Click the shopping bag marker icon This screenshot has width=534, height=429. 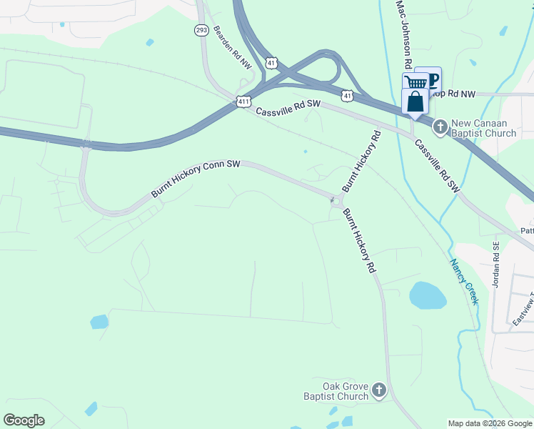[x=415, y=102]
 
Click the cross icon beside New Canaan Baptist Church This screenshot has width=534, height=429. [x=440, y=127]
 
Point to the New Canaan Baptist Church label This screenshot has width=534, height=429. [x=483, y=128]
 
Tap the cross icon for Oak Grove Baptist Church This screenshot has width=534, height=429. [x=379, y=390]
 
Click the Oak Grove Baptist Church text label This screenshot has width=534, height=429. [x=336, y=390]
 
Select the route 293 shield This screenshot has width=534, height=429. [x=201, y=30]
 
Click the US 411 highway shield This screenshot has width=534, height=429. [x=244, y=102]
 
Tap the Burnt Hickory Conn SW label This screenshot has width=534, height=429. [x=195, y=179]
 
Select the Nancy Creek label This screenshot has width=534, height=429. [x=463, y=282]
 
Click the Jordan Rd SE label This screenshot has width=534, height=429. [x=496, y=264]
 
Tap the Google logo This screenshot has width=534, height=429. [x=24, y=420]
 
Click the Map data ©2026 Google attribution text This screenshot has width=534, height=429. [x=490, y=423]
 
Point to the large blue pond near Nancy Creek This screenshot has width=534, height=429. [x=427, y=295]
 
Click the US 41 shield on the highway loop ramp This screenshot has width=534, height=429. [x=271, y=64]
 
